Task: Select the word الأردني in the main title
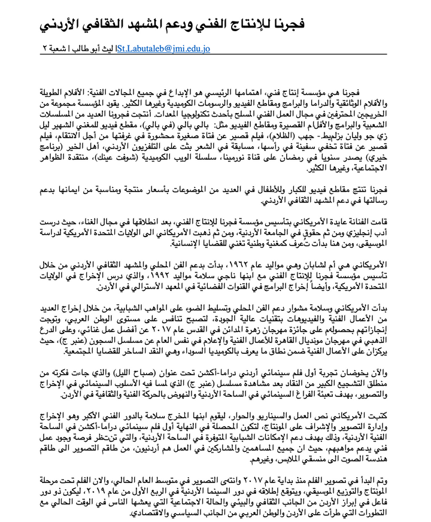click(62, 25)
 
